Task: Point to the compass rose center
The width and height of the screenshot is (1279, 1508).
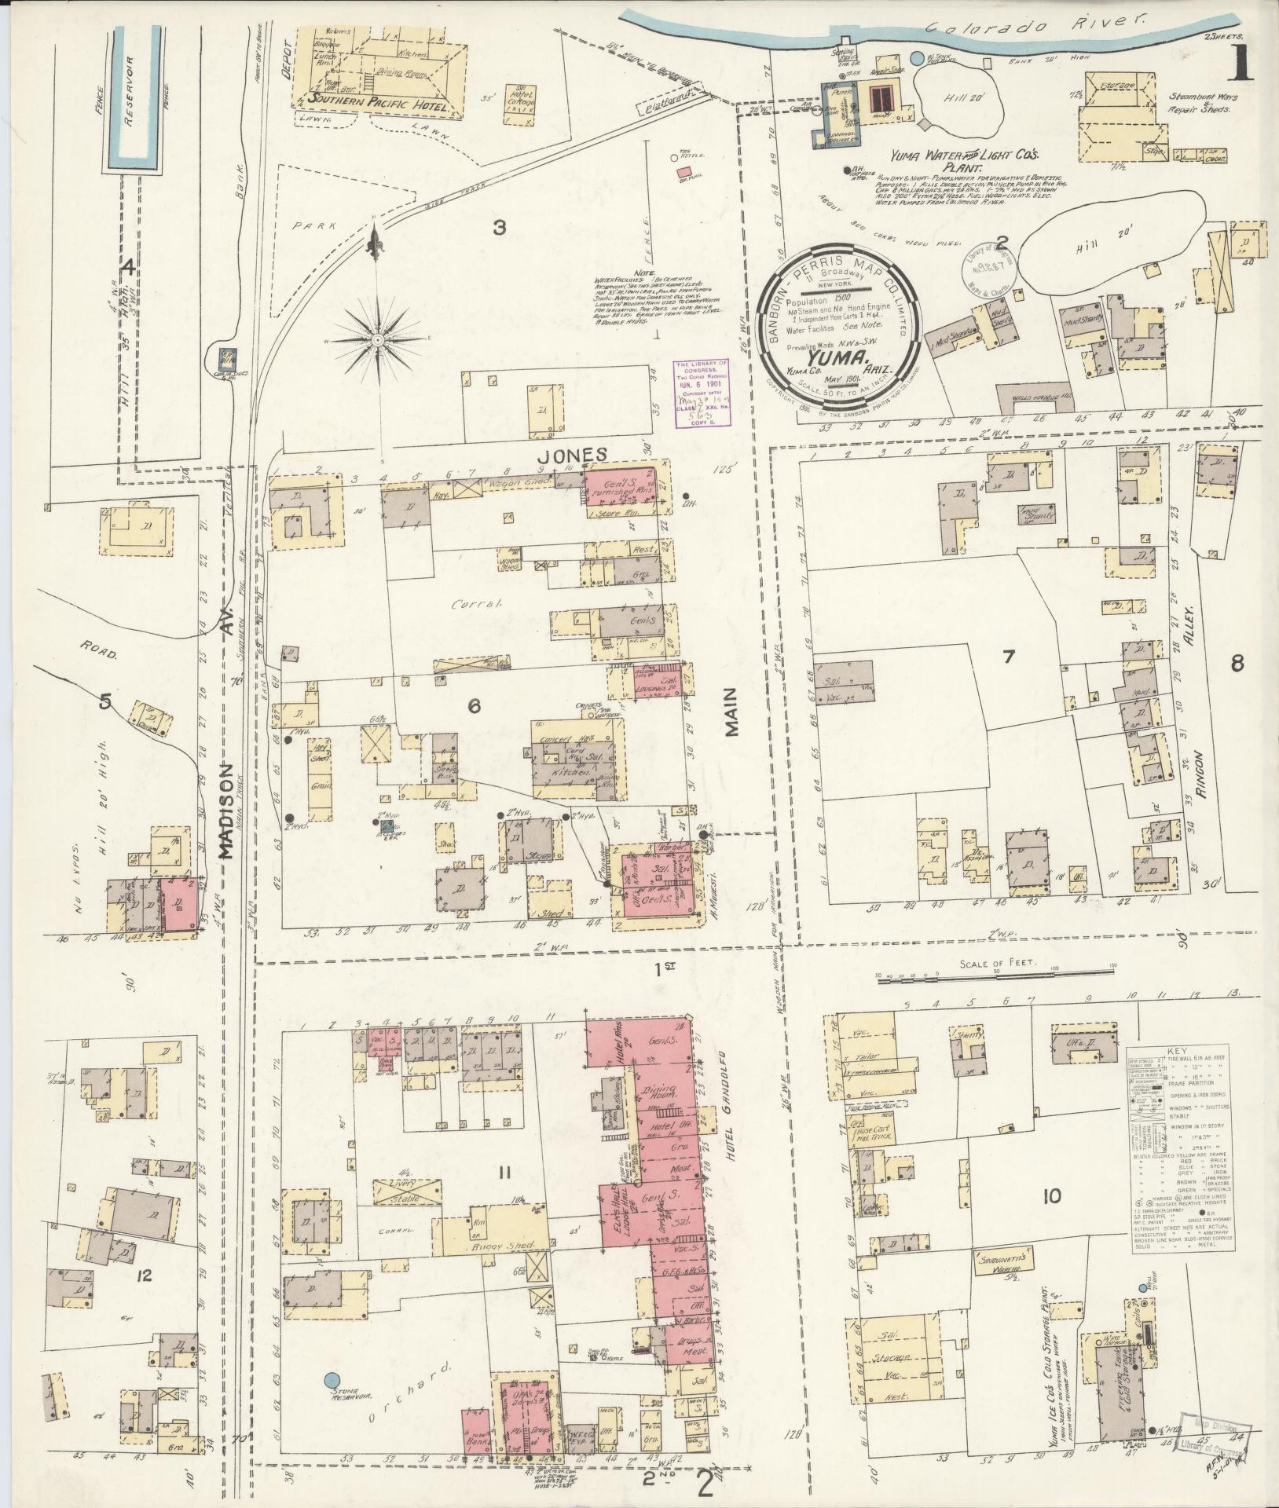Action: click(378, 340)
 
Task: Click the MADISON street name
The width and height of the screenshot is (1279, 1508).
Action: click(228, 810)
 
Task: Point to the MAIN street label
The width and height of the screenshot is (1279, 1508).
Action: click(733, 712)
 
